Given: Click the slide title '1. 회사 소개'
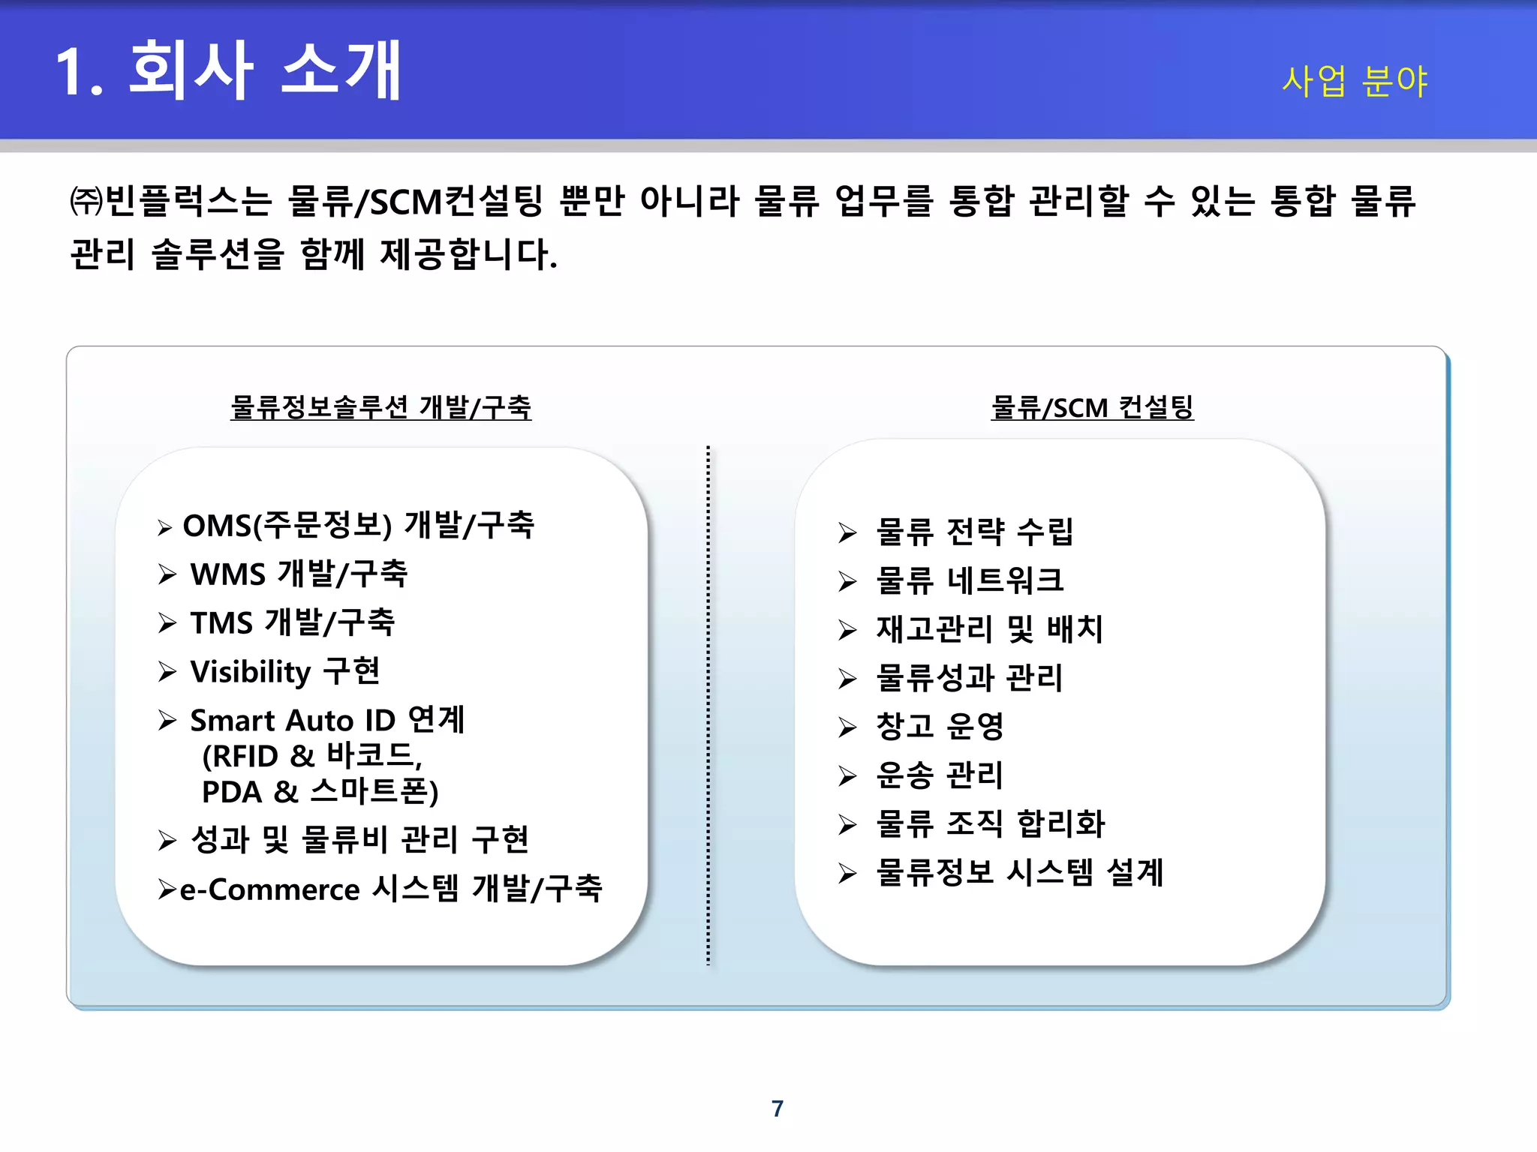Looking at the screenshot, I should (x=228, y=70).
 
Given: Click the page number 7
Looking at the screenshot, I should (x=778, y=1108).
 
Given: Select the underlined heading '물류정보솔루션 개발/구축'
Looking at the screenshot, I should (x=380, y=407).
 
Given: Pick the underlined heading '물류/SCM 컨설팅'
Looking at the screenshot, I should (x=1092, y=407).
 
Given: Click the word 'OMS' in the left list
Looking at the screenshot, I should (x=217, y=526).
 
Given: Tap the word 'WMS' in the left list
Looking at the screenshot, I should (x=228, y=574).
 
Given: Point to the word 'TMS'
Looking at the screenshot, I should (x=221, y=623).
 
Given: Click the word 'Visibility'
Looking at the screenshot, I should (x=251, y=672).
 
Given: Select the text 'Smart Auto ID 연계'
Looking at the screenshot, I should (x=327, y=720).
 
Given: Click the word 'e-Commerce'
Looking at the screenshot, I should (x=270, y=889).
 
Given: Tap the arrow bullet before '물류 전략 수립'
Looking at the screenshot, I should (x=847, y=532).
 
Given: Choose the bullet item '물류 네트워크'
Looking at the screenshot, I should (x=969, y=580).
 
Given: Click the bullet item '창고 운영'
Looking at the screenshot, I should (x=940, y=726).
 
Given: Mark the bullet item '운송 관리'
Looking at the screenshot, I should (x=939, y=775).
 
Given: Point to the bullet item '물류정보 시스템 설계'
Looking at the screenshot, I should (x=1019, y=872).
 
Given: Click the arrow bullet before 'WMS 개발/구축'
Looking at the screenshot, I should (x=167, y=575).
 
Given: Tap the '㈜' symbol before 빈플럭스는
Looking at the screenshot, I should (x=86, y=201).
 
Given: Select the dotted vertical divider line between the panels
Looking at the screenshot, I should (x=708, y=705).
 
